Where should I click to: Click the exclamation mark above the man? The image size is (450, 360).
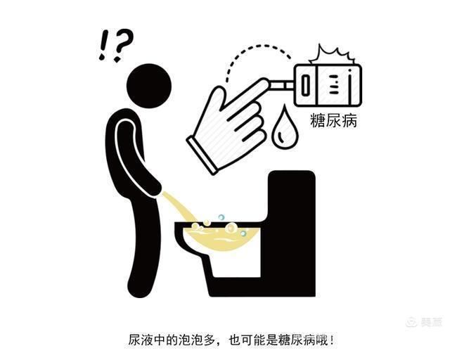103,45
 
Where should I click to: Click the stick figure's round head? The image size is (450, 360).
148,86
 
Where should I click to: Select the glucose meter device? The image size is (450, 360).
328,85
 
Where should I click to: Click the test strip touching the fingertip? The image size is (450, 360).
282,85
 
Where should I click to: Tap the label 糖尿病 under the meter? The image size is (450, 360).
333,120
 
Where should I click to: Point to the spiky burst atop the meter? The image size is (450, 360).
333,56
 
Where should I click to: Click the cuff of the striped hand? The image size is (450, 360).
202,155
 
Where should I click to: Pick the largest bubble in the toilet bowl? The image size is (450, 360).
231,229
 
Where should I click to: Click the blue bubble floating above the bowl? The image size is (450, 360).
221,217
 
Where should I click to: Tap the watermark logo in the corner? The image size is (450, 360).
424,322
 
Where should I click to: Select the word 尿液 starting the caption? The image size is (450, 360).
141,341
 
